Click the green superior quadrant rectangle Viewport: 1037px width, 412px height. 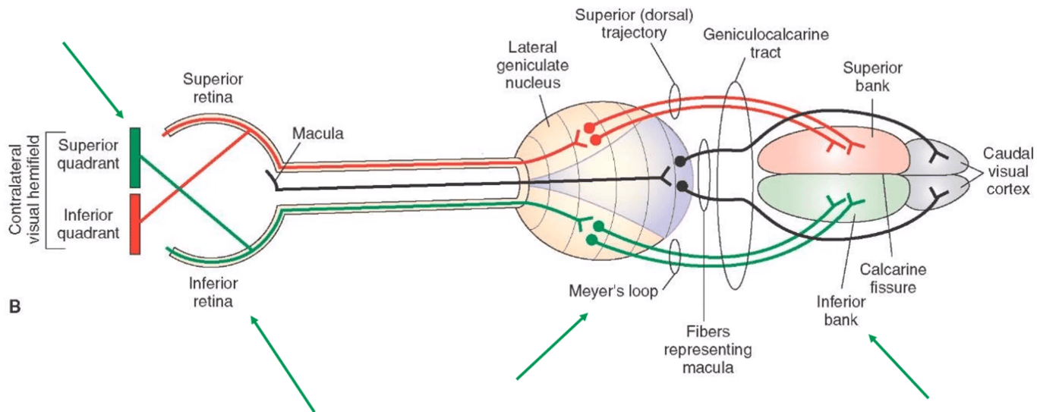[x=136, y=157]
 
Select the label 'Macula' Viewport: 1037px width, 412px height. [x=318, y=134]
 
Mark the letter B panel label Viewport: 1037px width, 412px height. [x=13, y=307]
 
